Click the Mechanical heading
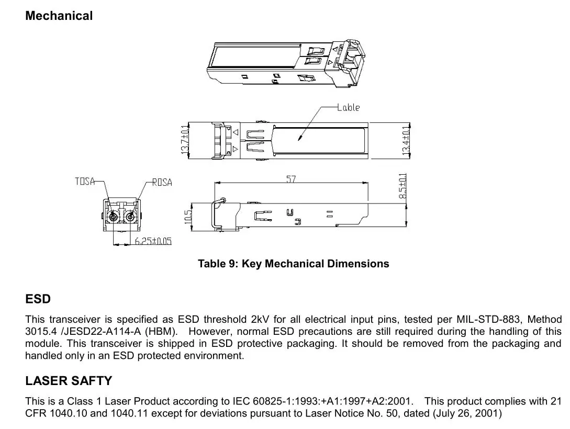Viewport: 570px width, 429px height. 59,16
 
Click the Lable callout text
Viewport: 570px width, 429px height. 349,107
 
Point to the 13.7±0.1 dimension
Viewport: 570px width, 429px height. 184,140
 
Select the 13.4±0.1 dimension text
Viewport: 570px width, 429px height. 406,140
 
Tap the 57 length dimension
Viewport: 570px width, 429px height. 291,179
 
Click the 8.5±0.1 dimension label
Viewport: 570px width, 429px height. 403,187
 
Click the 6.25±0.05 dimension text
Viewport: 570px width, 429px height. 153,241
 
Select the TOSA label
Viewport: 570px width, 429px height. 85,182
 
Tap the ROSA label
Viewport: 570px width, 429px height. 162,183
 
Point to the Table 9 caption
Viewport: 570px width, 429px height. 293,264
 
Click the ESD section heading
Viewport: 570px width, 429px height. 38,299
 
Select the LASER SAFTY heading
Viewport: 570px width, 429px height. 69,381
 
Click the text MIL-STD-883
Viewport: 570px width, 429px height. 489,319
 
